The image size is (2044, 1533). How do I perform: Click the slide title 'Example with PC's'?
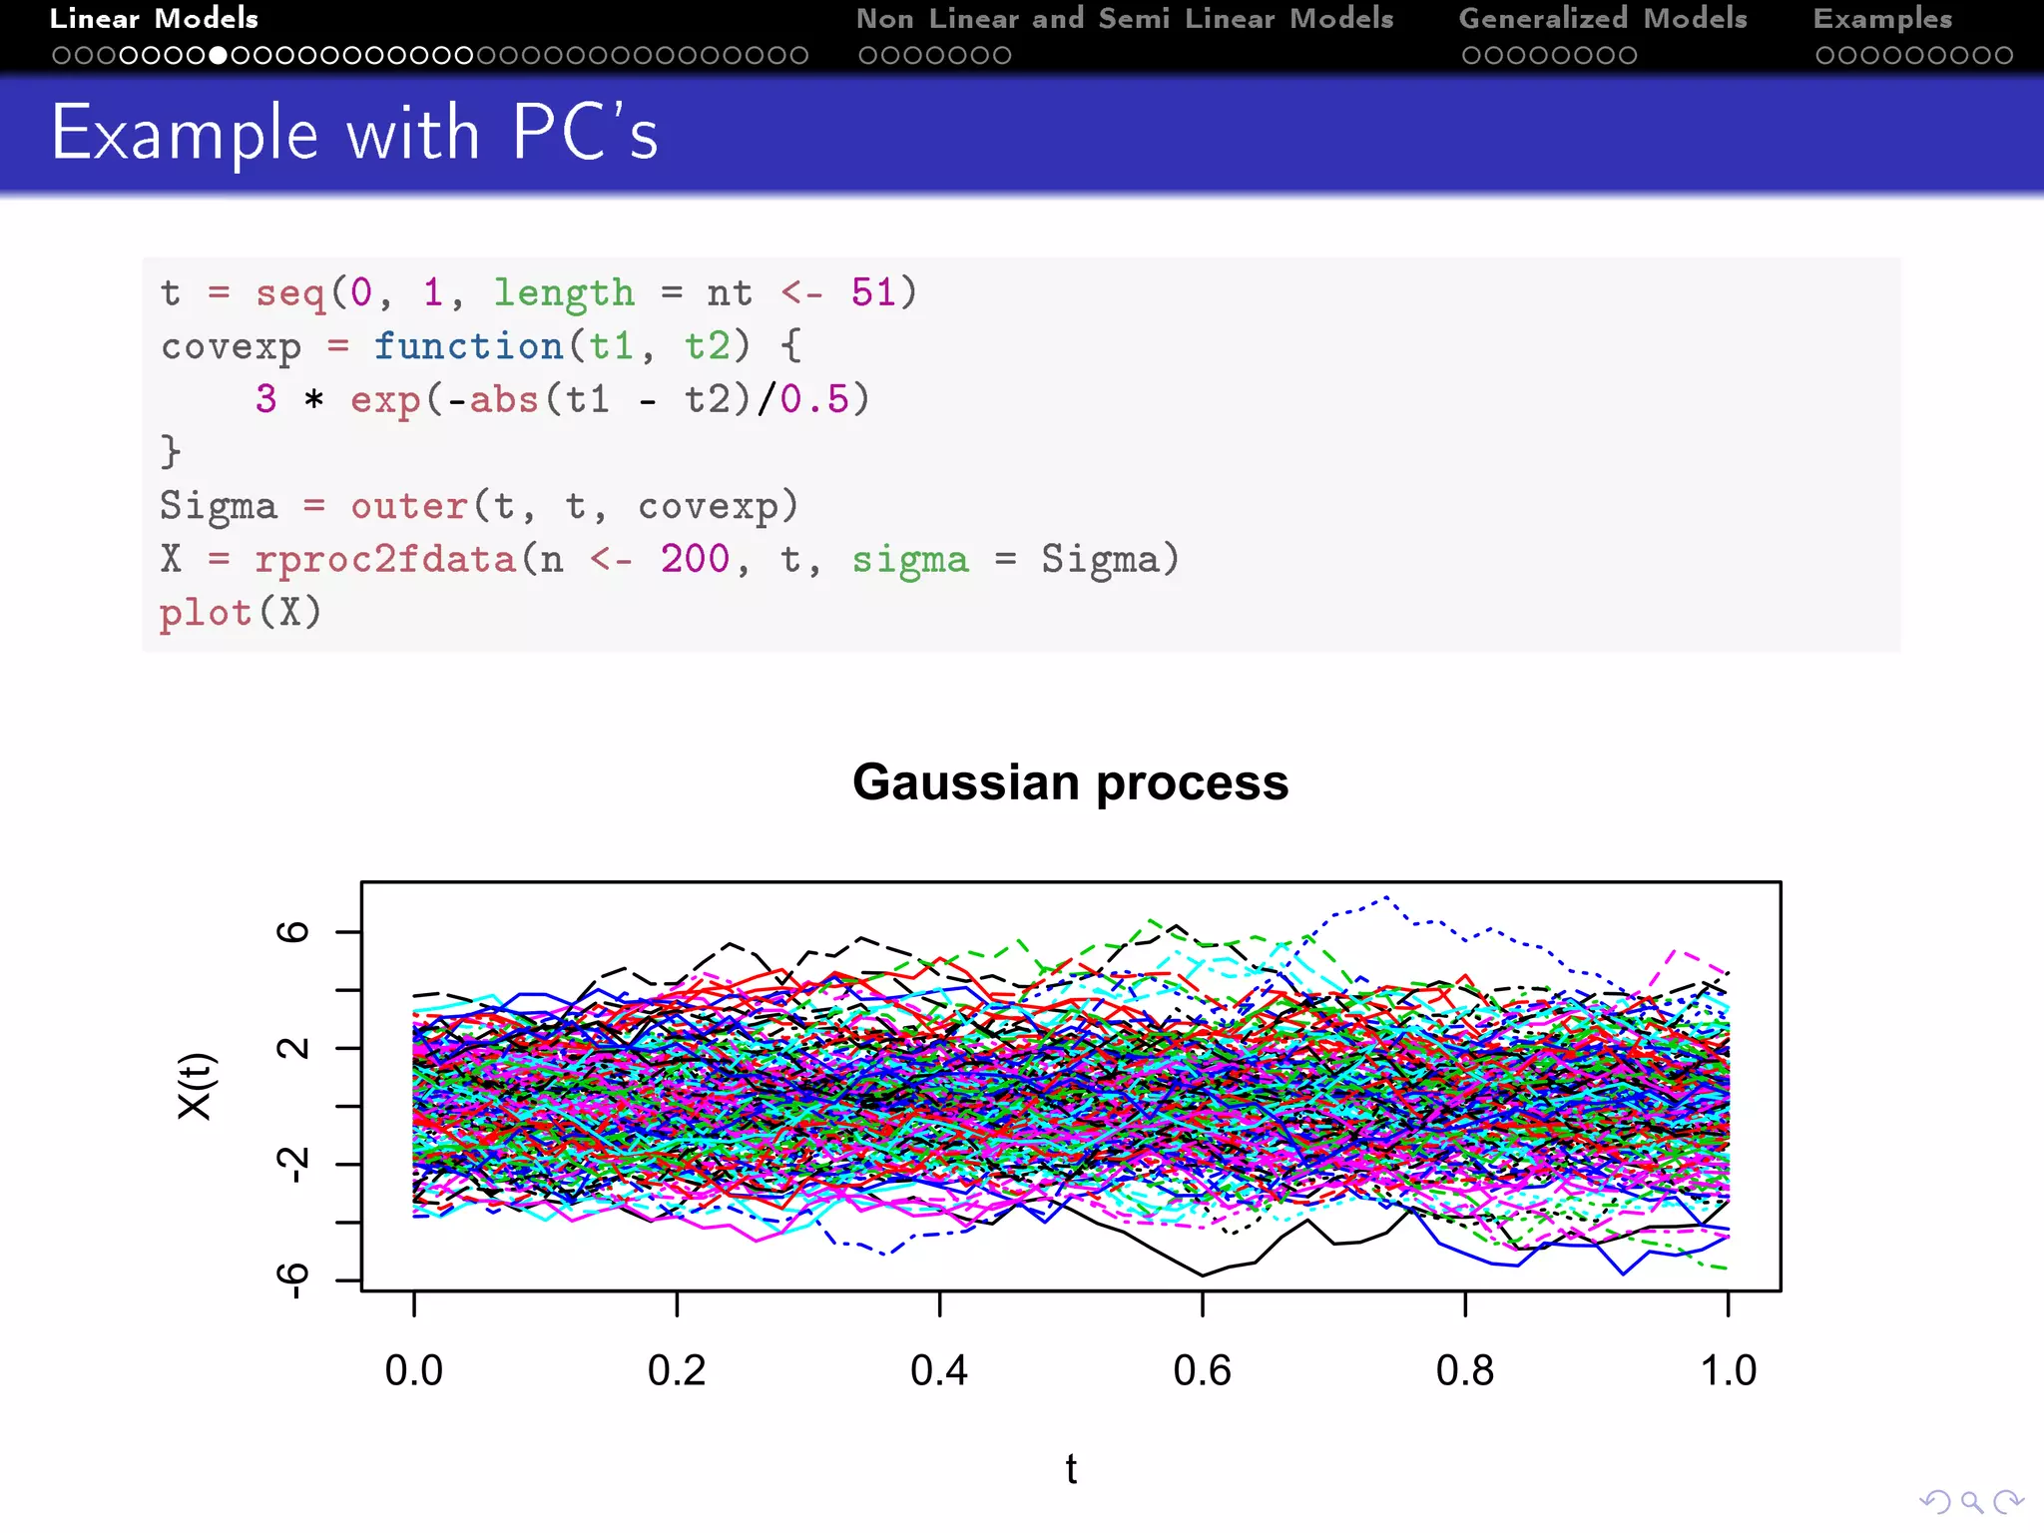coord(354,133)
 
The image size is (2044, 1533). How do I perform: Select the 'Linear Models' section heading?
coord(154,19)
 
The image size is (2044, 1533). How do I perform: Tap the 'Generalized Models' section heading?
coord(1603,19)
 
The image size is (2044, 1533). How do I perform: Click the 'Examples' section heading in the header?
coord(1882,19)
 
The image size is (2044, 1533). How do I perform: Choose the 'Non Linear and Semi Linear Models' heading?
coord(1125,19)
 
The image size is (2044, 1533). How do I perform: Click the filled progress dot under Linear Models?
coord(218,56)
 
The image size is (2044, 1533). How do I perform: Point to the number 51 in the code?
coord(874,292)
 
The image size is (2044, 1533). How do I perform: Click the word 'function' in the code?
coord(469,346)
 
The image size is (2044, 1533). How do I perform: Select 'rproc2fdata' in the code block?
coord(385,559)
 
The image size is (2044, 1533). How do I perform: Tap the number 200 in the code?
coord(696,559)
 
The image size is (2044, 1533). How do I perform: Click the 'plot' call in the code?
coord(206,612)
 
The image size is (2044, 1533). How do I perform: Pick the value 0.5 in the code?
coord(814,399)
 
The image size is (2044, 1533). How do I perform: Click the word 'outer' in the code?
coord(408,506)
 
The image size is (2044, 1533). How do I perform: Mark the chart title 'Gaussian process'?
coord(1070,781)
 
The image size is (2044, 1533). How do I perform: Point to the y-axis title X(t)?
coord(196,1086)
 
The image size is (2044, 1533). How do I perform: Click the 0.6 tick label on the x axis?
coord(1202,1370)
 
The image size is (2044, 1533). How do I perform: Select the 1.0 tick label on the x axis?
coord(1728,1370)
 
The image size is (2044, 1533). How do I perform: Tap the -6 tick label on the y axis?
coord(292,1279)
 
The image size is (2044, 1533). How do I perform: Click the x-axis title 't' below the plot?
coord(1071,1469)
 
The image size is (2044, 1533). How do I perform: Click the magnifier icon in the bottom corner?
coord(1971,1502)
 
